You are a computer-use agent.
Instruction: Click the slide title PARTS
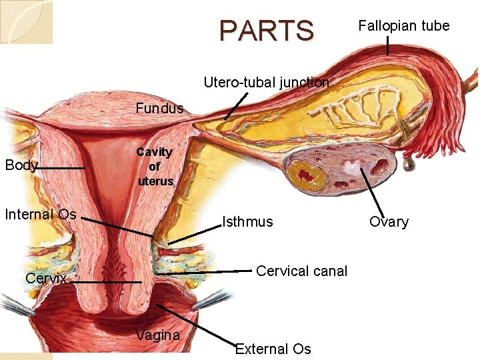pos(267,30)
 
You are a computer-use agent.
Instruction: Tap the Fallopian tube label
pos(404,26)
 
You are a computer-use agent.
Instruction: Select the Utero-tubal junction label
pos(266,83)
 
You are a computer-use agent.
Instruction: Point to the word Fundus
pos(159,108)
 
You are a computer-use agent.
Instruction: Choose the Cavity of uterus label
pos(155,167)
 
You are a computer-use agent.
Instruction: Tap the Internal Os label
pos(41,214)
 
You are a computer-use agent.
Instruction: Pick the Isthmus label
pos(247,221)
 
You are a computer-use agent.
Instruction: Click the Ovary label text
pos(389,221)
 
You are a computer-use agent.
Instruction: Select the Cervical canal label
pos(301,271)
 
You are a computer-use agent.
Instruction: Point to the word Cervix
pos(46,278)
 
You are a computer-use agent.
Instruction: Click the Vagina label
pos(157,335)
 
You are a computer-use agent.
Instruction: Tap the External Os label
pos(273,349)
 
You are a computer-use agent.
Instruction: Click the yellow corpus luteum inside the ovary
pos(310,175)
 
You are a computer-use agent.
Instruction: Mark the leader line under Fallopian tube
pos(388,45)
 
